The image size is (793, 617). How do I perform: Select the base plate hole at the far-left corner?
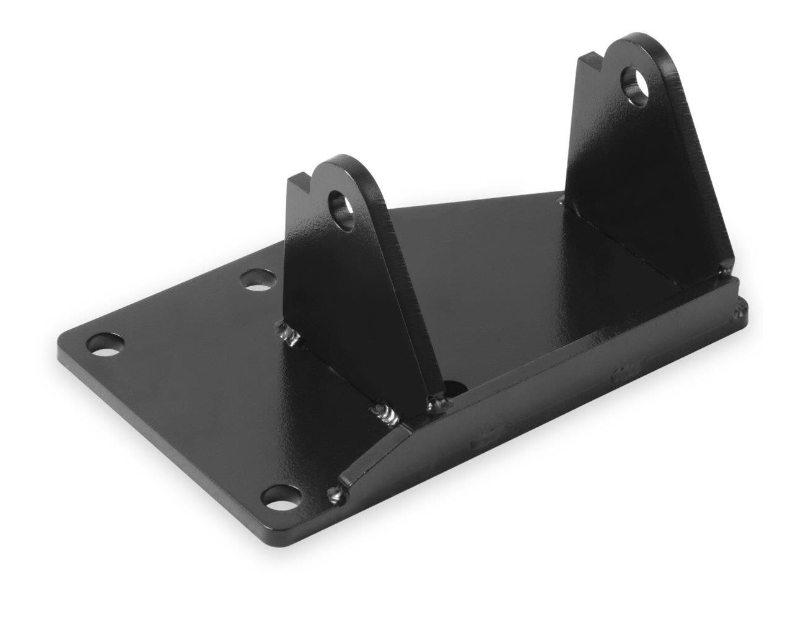105,345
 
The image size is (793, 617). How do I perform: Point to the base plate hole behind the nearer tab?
258,279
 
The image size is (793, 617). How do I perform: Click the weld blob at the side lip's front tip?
335,494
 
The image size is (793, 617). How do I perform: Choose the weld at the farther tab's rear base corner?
562,199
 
